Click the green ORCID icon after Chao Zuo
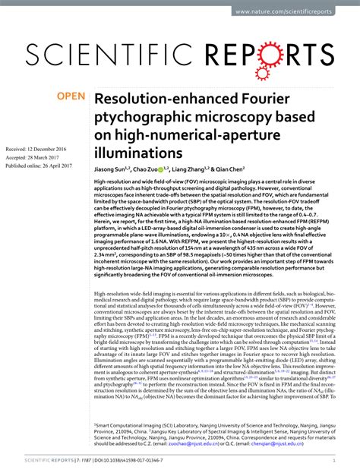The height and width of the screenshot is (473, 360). click(x=166, y=169)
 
